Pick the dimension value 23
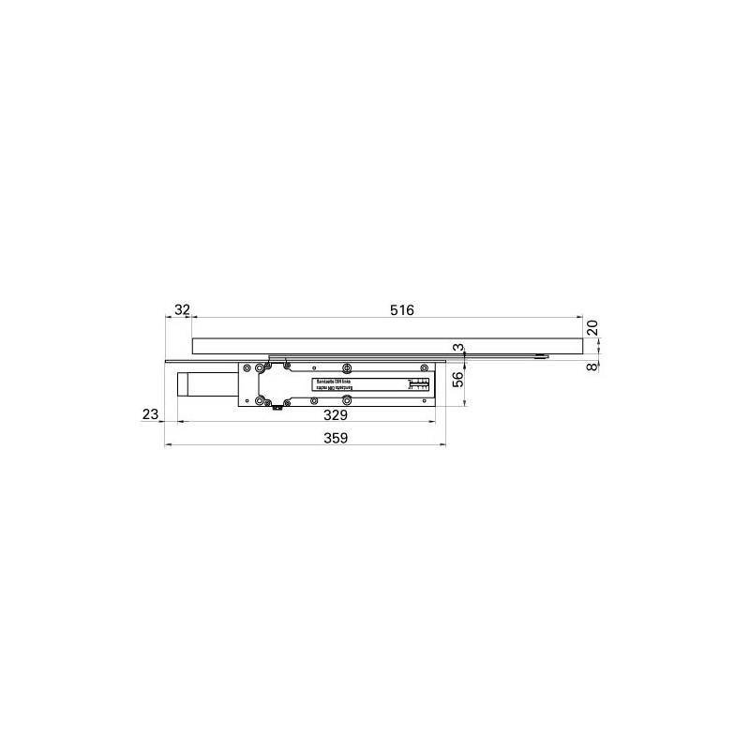pyautogui.click(x=150, y=413)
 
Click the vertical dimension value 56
pyautogui.click(x=458, y=379)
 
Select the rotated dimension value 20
pyautogui.click(x=592, y=327)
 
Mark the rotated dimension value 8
pyautogui.click(x=592, y=366)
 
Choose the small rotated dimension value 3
pyautogui.click(x=458, y=348)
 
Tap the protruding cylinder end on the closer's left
pyautogui.click(x=185, y=385)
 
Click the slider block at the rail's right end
pyautogui.click(x=542, y=356)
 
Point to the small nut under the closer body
pyautogui.click(x=276, y=408)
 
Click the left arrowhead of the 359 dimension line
pyautogui.click(x=167, y=444)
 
